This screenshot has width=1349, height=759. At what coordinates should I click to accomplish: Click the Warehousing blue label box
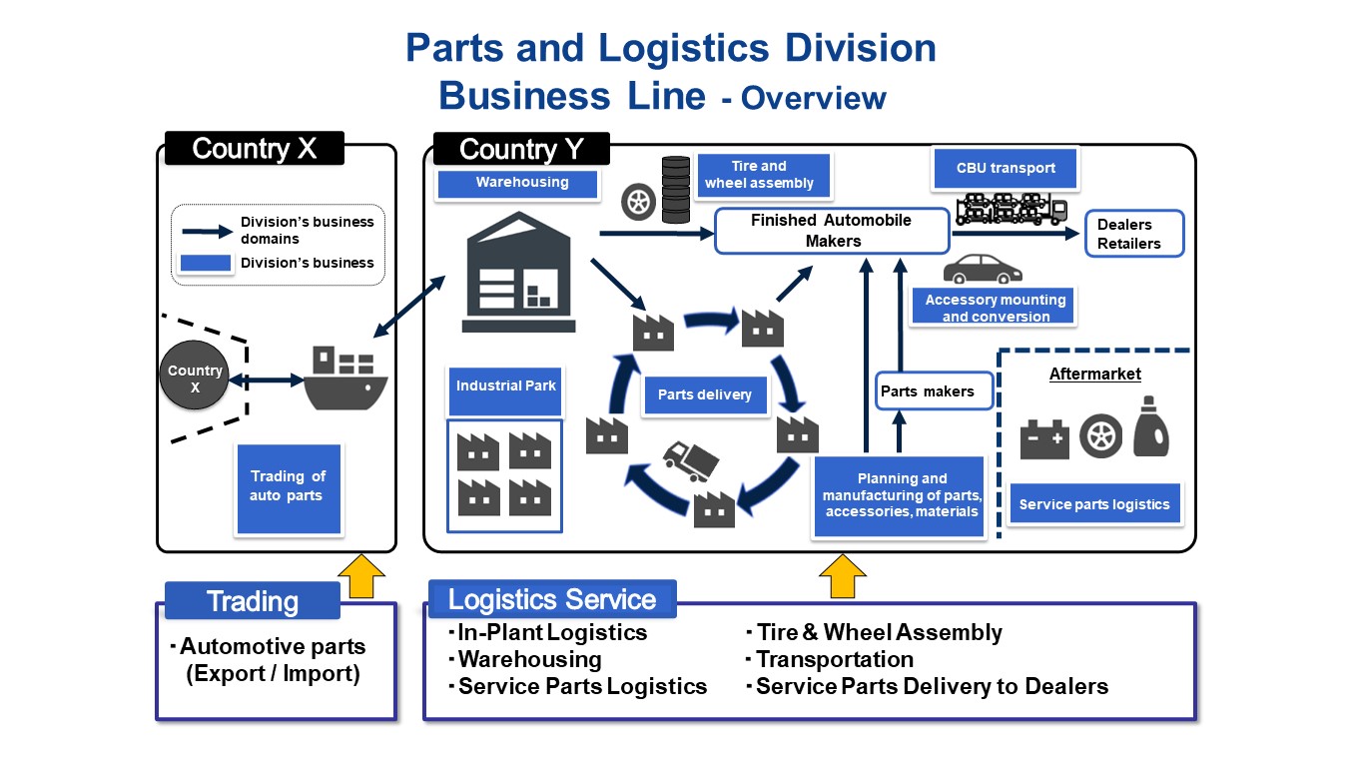pyautogui.click(x=517, y=183)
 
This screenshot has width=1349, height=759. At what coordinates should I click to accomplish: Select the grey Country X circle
pyautogui.click(x=195, y=379)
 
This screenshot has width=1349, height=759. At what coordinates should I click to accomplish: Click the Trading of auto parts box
pyautogui.click(x=289, y=485)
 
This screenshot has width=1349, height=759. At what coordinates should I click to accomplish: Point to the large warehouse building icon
pyautogui.click(x=519, y=272)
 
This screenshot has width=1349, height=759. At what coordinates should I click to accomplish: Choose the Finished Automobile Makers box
pyautogui.click(x=831, y=231)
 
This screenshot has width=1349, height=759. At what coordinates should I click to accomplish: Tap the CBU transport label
pyautogui.click(x=1005, y=168)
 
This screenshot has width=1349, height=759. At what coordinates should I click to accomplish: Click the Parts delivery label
pyautogui.click(x=704, y=394)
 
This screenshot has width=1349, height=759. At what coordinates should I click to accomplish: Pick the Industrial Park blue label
pyautogui.click(x=506, y=386)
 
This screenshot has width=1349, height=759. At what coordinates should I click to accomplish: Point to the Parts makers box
pyautogui.click(x=933, y=391)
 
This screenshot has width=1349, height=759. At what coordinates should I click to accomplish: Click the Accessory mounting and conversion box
pyautogui.click(x=995, y=307)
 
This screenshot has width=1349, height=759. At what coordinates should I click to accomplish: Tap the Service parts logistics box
pyautogui.click(x=1093, y=504)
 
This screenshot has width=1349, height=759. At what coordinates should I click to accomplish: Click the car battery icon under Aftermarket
pyautogui.click(x=1043, y=439)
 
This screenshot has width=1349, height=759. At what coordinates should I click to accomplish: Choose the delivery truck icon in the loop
pyautogui.click(x=691, y=461)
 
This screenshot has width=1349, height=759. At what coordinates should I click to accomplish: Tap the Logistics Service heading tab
pyautogui.click(x=552, y=599)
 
